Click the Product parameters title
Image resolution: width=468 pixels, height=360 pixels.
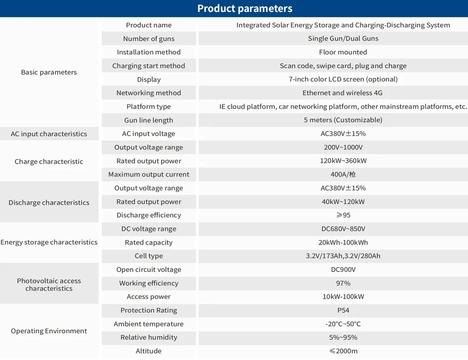pos(244,8)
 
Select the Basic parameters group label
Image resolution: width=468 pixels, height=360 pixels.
pos(49,72)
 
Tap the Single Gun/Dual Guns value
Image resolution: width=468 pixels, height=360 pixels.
pos(343,38)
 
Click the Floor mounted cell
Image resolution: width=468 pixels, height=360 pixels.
pos(343,52)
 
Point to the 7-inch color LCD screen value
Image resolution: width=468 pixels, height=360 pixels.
pos(343,80)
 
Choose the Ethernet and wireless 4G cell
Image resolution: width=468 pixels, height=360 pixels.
pos(342,93)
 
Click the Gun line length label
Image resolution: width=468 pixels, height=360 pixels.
pos(148,120)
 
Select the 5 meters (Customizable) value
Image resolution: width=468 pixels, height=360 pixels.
pos(343,120)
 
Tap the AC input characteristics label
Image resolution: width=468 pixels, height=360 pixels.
pos(49,134)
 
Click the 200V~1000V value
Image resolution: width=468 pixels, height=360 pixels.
pos(343,148)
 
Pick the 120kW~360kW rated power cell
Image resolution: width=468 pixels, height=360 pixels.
pos(343,161)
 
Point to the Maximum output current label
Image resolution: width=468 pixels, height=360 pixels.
pos(148,175)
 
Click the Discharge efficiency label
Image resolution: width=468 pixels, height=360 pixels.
pos(148,215)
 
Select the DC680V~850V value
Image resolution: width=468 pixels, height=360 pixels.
pos(343,229)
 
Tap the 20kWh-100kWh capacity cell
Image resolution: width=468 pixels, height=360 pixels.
pos(343,243)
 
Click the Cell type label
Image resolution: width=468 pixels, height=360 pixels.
pos(148,256)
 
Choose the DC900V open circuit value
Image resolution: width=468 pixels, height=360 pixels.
pos(343,270)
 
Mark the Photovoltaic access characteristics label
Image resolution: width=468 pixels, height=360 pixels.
pos(49,284)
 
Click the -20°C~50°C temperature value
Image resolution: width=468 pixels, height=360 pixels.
pos(343,324)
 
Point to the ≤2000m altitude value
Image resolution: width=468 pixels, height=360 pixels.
pos(343,351)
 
